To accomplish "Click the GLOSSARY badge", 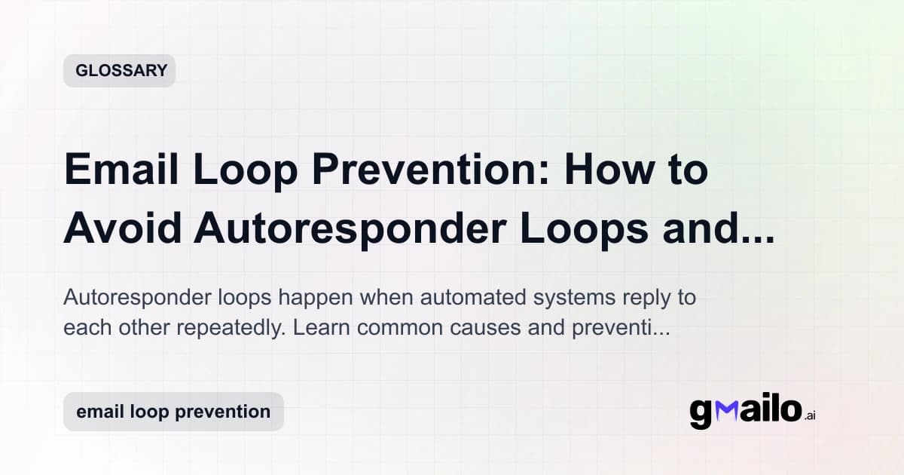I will pos(119,71).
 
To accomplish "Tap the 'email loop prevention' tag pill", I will pos(173,412).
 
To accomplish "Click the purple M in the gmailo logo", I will pos(725,411).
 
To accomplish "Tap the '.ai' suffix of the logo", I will pos(810,415).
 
